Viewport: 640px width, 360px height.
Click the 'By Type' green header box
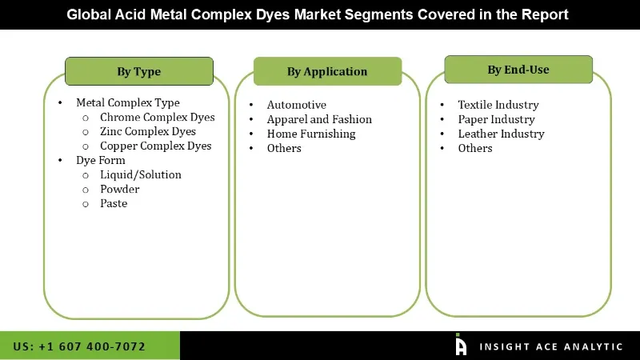[x=138, y=71]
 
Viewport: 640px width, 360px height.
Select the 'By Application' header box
[x=326, y=71]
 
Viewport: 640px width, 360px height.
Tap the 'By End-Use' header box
[x=518, y=70]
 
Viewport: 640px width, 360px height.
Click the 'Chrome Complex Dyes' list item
[x=157, y=117]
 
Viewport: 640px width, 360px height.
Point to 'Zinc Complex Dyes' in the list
[x=147, y=131]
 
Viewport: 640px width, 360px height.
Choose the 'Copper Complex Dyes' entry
[x=155, y=146]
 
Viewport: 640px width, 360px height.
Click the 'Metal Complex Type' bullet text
[x=127, y=102]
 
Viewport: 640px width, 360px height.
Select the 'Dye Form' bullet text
[x=101, y=160]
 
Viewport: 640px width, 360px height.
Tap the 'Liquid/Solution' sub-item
[x=140, y=174]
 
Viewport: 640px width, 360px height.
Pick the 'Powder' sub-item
[x=119, y=189]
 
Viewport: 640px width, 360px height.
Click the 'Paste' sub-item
[x=114, y=203]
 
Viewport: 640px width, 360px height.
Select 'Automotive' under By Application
[x=296, y=105]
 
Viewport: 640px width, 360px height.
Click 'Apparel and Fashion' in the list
[x=319, y=119]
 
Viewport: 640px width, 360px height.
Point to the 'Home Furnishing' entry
[x=311, y=134]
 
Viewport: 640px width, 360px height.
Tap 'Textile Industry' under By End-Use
[x=498, y=105]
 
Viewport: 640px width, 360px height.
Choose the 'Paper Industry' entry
[x=496, y=119]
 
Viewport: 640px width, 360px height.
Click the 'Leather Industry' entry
[x=501, y=134]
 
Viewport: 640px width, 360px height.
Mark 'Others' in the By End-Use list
[x=475, y=148]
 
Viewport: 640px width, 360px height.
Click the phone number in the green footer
[x=79, y=346]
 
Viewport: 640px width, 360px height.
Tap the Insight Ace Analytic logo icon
[x=461, y=345]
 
